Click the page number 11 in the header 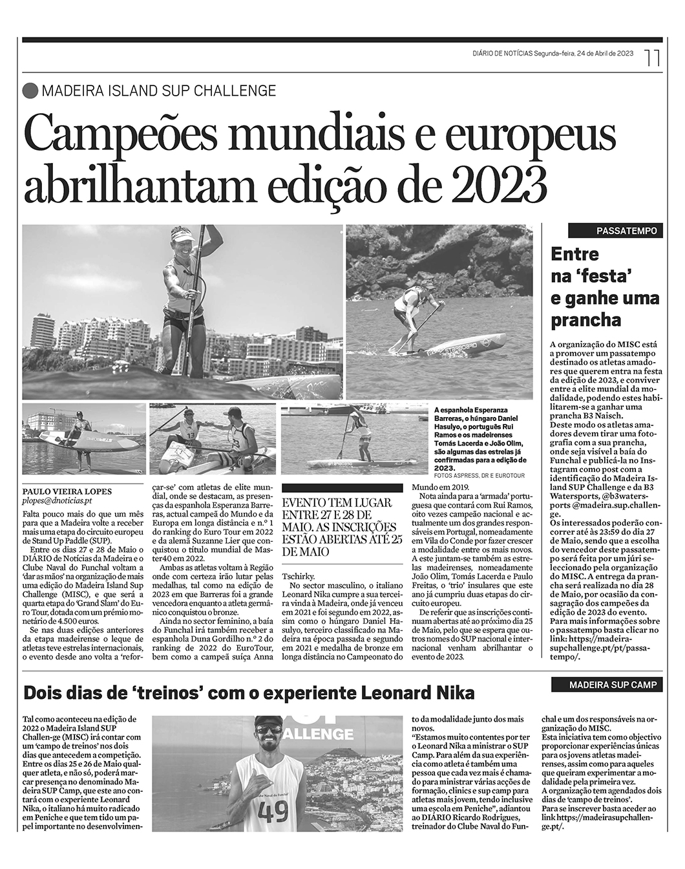point(653,58)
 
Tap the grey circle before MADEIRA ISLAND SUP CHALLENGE point(30,91)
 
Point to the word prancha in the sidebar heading point(585,320)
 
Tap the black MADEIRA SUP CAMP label point(612,685)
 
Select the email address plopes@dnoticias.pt point(57,500)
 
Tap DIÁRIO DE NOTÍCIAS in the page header point(502,54)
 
